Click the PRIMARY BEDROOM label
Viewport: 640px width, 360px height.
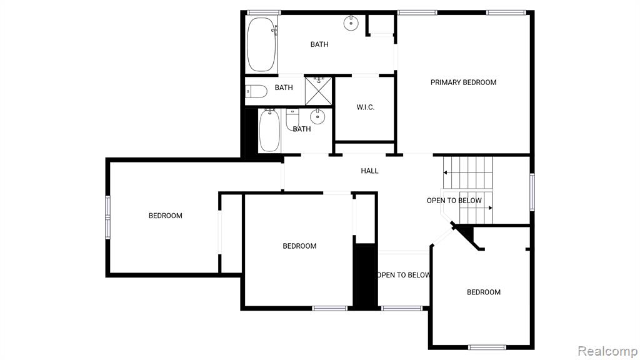click(463, 82)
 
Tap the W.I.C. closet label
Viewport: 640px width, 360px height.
click(365, 107)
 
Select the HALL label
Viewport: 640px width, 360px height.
click(369, 171)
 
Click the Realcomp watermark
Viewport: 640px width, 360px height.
click(607, 351)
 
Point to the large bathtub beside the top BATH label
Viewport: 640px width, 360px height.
click(261, 44)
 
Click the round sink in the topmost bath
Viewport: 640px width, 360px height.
click(351, 23)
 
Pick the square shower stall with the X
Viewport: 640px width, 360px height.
click(319, 91)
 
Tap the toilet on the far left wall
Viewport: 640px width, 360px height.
click(256, 91)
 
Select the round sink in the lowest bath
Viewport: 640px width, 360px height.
click(317, 117)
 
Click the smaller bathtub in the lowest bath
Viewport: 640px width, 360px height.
click(269, 130)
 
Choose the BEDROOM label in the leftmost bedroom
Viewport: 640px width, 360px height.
click(165, 216)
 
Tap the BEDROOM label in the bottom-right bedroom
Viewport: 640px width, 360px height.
click(484, 292)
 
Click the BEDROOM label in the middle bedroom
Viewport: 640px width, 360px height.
click(299, 246)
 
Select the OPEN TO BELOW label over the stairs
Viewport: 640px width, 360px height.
click(454, 201)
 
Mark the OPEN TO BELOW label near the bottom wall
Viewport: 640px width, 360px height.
click(403, 275)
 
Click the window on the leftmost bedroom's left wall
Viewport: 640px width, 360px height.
click(107, 217)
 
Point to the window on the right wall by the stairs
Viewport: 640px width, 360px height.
click(532, 192)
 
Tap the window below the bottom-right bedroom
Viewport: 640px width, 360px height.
click(487, 347)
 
